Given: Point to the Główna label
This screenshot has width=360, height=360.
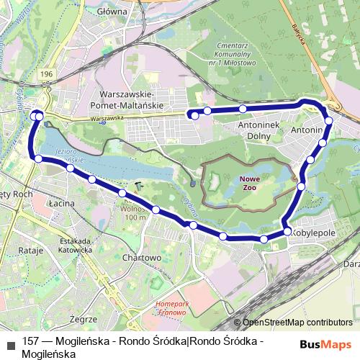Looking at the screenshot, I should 112,12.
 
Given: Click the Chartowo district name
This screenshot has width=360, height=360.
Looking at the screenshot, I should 142,257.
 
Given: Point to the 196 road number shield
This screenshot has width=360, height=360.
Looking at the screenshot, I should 48,75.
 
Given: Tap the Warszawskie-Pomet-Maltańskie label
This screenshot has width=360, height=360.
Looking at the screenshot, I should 135,100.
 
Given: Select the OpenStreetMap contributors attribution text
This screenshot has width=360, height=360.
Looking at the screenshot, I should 297,323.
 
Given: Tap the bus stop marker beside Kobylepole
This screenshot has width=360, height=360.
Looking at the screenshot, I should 288,232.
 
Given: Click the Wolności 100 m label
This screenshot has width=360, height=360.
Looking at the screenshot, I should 133,212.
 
